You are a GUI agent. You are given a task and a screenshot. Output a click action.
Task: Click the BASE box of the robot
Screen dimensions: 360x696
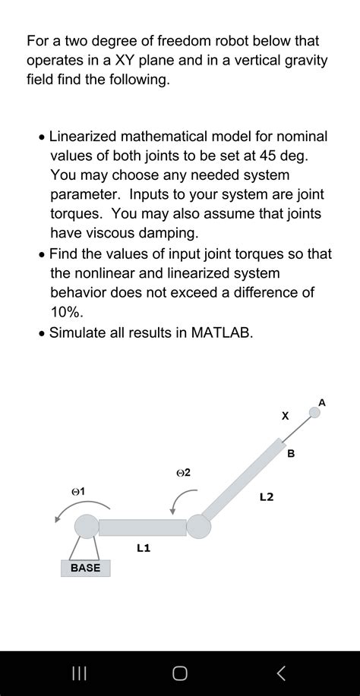(85, 568)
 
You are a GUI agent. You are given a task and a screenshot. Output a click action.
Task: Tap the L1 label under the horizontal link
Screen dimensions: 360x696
(143, 547)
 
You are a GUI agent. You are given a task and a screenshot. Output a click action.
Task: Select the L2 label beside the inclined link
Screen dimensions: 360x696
(267, 498)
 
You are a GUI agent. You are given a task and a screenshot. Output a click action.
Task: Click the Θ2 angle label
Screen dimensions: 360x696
(183, 473)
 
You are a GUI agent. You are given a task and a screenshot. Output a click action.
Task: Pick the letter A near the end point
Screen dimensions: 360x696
(322, 402)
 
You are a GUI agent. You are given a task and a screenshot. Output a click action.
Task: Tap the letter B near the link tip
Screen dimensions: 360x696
(291, 454)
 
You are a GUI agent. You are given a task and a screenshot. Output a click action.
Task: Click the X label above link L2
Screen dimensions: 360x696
(286, 416)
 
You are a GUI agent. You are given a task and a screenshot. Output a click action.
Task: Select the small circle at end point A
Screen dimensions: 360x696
(314, 413)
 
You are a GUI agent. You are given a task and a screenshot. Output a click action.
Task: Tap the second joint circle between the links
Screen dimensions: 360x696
(198, 526)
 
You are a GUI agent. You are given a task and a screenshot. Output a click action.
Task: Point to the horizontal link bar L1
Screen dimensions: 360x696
(142, 527)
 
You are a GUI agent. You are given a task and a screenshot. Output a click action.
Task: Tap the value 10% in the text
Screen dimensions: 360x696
(67, 312)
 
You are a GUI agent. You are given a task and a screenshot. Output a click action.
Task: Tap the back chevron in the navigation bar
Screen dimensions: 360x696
(281, 672)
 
